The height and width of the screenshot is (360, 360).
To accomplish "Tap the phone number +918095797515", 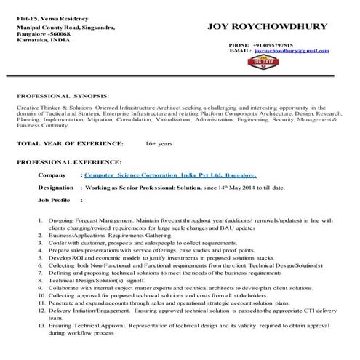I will [x=273, y=44].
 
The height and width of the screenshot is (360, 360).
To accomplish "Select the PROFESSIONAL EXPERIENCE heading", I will [x=69, y=161].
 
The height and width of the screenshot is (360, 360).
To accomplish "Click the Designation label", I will [x=56, y=187].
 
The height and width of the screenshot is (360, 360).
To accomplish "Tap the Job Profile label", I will [x=54, y=199].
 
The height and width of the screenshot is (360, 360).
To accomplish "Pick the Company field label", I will [x=52, y=175].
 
